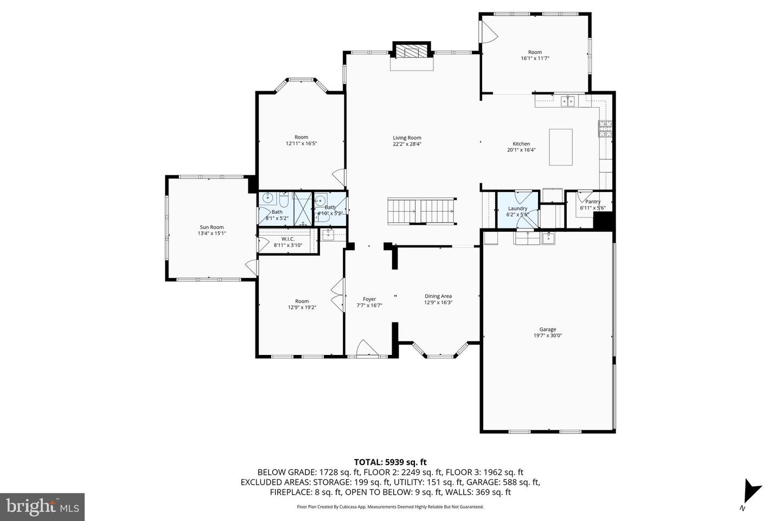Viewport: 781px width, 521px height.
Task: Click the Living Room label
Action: pyautogui.click(x=407, y=138)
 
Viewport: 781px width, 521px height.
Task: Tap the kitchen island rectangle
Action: pyautogui.click(x=561, y=147)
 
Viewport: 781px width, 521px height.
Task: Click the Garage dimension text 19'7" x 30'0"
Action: pyautogui.click(x=547, y=336)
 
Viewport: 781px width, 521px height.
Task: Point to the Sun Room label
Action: pyautogui.click(x=212, y=227)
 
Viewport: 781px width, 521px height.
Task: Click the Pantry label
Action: pyautogui.click(x=593, y=202)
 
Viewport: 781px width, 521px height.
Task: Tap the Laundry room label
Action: pyautogui.click(x=517, y=209)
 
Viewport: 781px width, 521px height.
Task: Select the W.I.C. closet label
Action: pyautogui.click(x=288, y=239)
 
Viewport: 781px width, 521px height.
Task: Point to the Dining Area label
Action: pyautogui.click(x=438, y=296)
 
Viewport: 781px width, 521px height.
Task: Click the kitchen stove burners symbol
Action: pyautogui.click(x=605, y=129)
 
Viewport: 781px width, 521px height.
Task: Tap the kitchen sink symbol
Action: pyautogui.click(x=568, y=101)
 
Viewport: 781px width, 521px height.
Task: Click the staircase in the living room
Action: pyautogui.click(x=421, y=211)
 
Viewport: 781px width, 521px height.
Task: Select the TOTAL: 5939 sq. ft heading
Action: pyautogui.click(x=390, y=462)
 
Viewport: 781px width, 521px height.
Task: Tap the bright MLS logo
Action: pyautogui.click(x=42, y=507)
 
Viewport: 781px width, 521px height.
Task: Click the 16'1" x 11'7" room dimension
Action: pyautogui.click(x=535, y=58)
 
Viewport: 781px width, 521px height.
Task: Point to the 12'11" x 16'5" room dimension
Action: pyautogui.click(x=301, y=143)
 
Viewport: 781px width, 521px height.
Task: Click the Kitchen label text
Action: pyautogui.click(x=521, y=144)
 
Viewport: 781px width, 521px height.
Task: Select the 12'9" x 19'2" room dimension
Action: pyautogui.click(x=302, y=307)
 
